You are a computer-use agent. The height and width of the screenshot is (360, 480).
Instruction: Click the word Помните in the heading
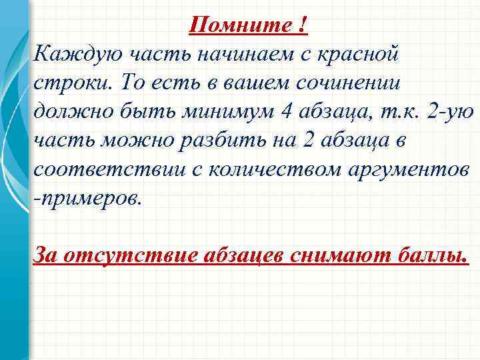[238, 25]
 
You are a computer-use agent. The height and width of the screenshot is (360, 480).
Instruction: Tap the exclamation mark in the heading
[303, 25]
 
